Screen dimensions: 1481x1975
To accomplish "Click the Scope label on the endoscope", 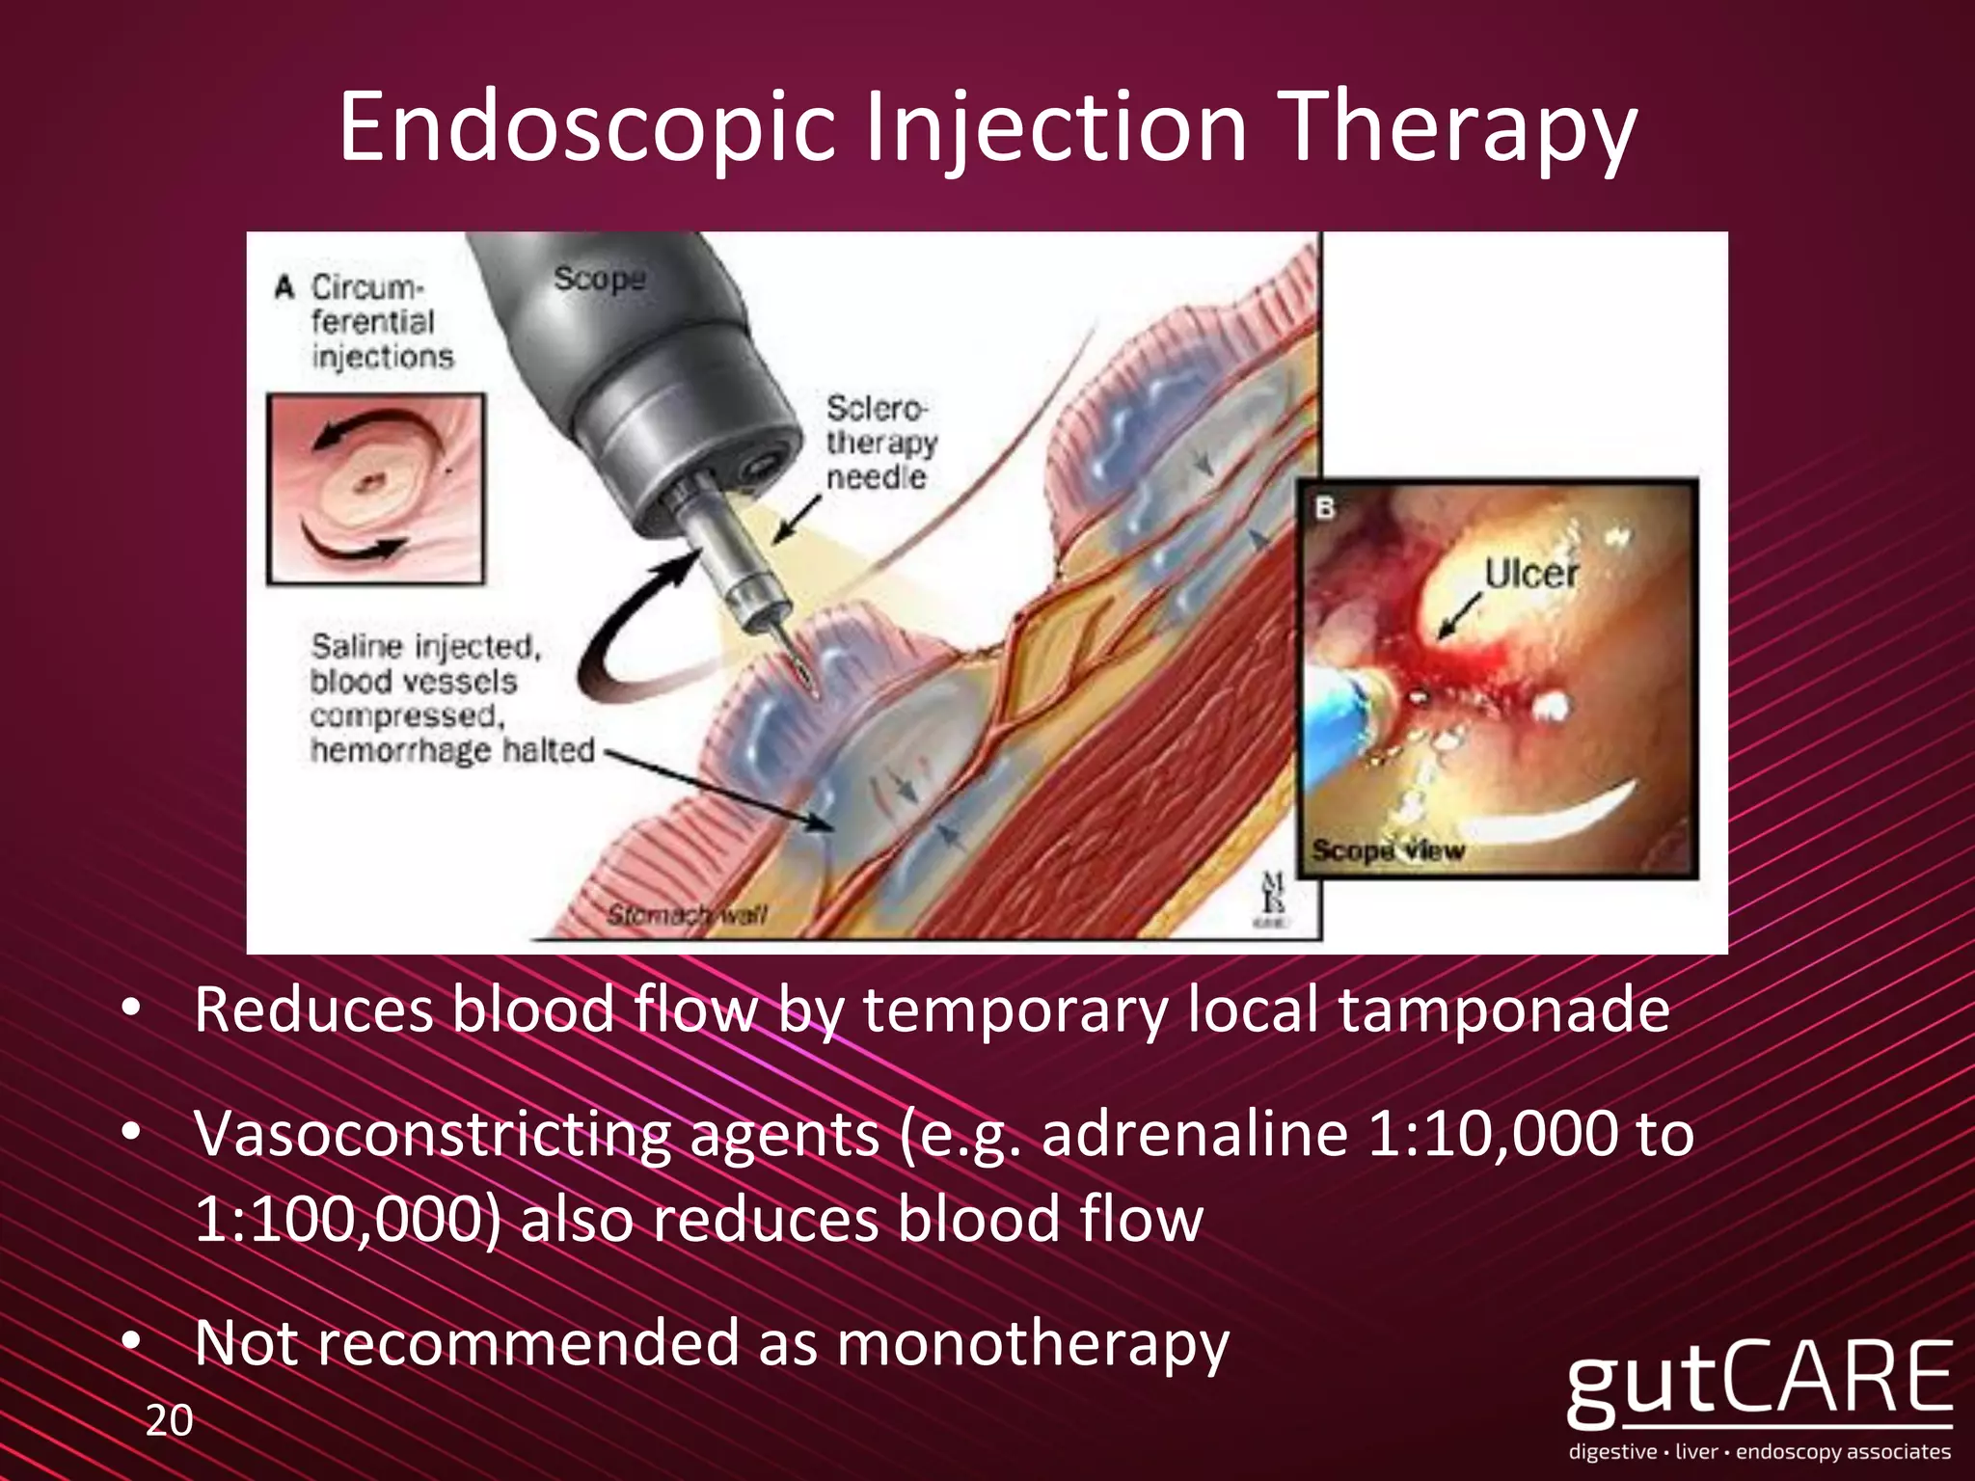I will click(599, 279).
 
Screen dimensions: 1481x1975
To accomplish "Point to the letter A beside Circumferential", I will click(284, 287).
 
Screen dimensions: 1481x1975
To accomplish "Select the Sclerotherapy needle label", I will click(879, 443).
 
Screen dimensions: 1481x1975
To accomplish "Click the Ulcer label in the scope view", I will click(1530, 575).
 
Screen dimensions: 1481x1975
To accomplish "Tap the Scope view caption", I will click(1388, 850).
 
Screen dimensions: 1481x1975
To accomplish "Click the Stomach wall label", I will click(686, 913).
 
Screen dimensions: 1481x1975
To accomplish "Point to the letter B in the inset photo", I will click(1326, 507).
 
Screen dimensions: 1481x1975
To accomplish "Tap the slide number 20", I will click(169, 1420).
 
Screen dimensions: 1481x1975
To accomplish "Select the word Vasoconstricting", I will click(432, 1134).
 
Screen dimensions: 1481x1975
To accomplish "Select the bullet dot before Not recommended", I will click(132, 1341).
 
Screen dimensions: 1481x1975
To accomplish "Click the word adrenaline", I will click(1194, 1134).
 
